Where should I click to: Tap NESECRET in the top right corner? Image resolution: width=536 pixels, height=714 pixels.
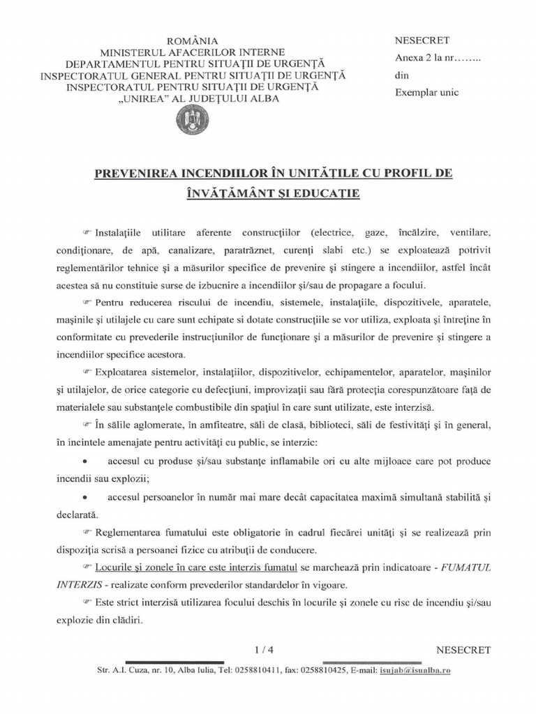tap(422, 40)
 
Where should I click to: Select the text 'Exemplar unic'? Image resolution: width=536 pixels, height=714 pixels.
tap(427, 93)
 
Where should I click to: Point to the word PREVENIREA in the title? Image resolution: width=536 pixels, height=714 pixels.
tap(133, 172)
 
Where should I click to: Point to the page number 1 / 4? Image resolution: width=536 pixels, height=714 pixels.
tap(263, 650)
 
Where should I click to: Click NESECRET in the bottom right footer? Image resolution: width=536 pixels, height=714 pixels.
tap(463, 650)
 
